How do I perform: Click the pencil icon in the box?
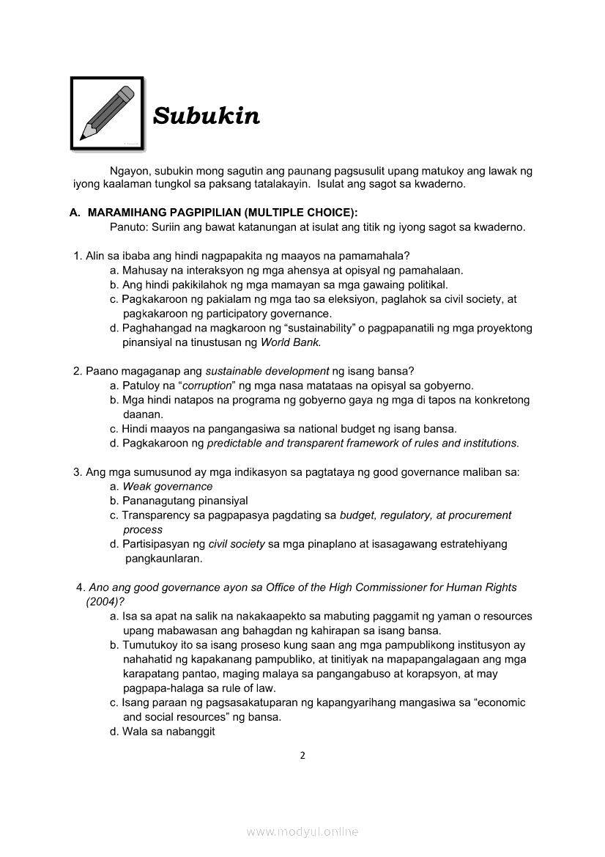pos(107,114)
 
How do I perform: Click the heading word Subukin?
pos(206,116)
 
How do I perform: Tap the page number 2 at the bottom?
pos(302,756)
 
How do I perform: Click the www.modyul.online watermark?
pos(302,831)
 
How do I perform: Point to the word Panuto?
pos(128,227)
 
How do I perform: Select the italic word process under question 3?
pos(143,529)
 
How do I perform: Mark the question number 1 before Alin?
pos(77,256)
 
